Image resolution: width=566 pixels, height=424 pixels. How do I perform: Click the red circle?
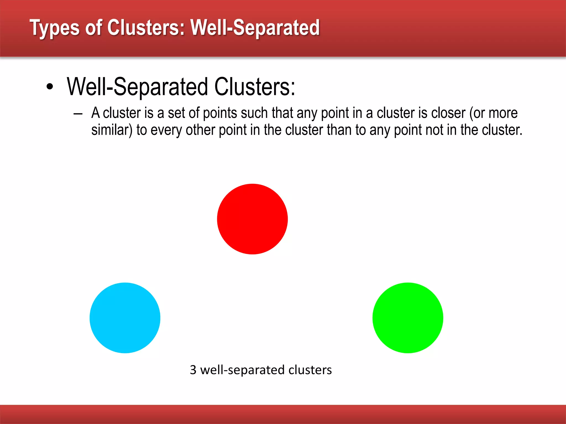(x=252, y=219)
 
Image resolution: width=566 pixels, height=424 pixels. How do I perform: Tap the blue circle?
(x=125, y=318)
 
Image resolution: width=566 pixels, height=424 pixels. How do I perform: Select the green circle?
(x=408, y=318)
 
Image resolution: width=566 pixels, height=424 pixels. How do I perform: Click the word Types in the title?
(x=54, y=28)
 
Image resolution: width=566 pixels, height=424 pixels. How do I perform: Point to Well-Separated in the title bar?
(x=255, y=28)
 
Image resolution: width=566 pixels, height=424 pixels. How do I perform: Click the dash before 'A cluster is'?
(x=78, y=114)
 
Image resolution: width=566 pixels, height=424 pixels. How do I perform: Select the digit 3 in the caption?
(x=193, y=370)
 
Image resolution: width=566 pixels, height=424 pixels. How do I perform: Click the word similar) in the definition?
(x=112, y=130)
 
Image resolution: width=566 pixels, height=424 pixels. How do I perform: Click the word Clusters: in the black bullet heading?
(x=255, y=87)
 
